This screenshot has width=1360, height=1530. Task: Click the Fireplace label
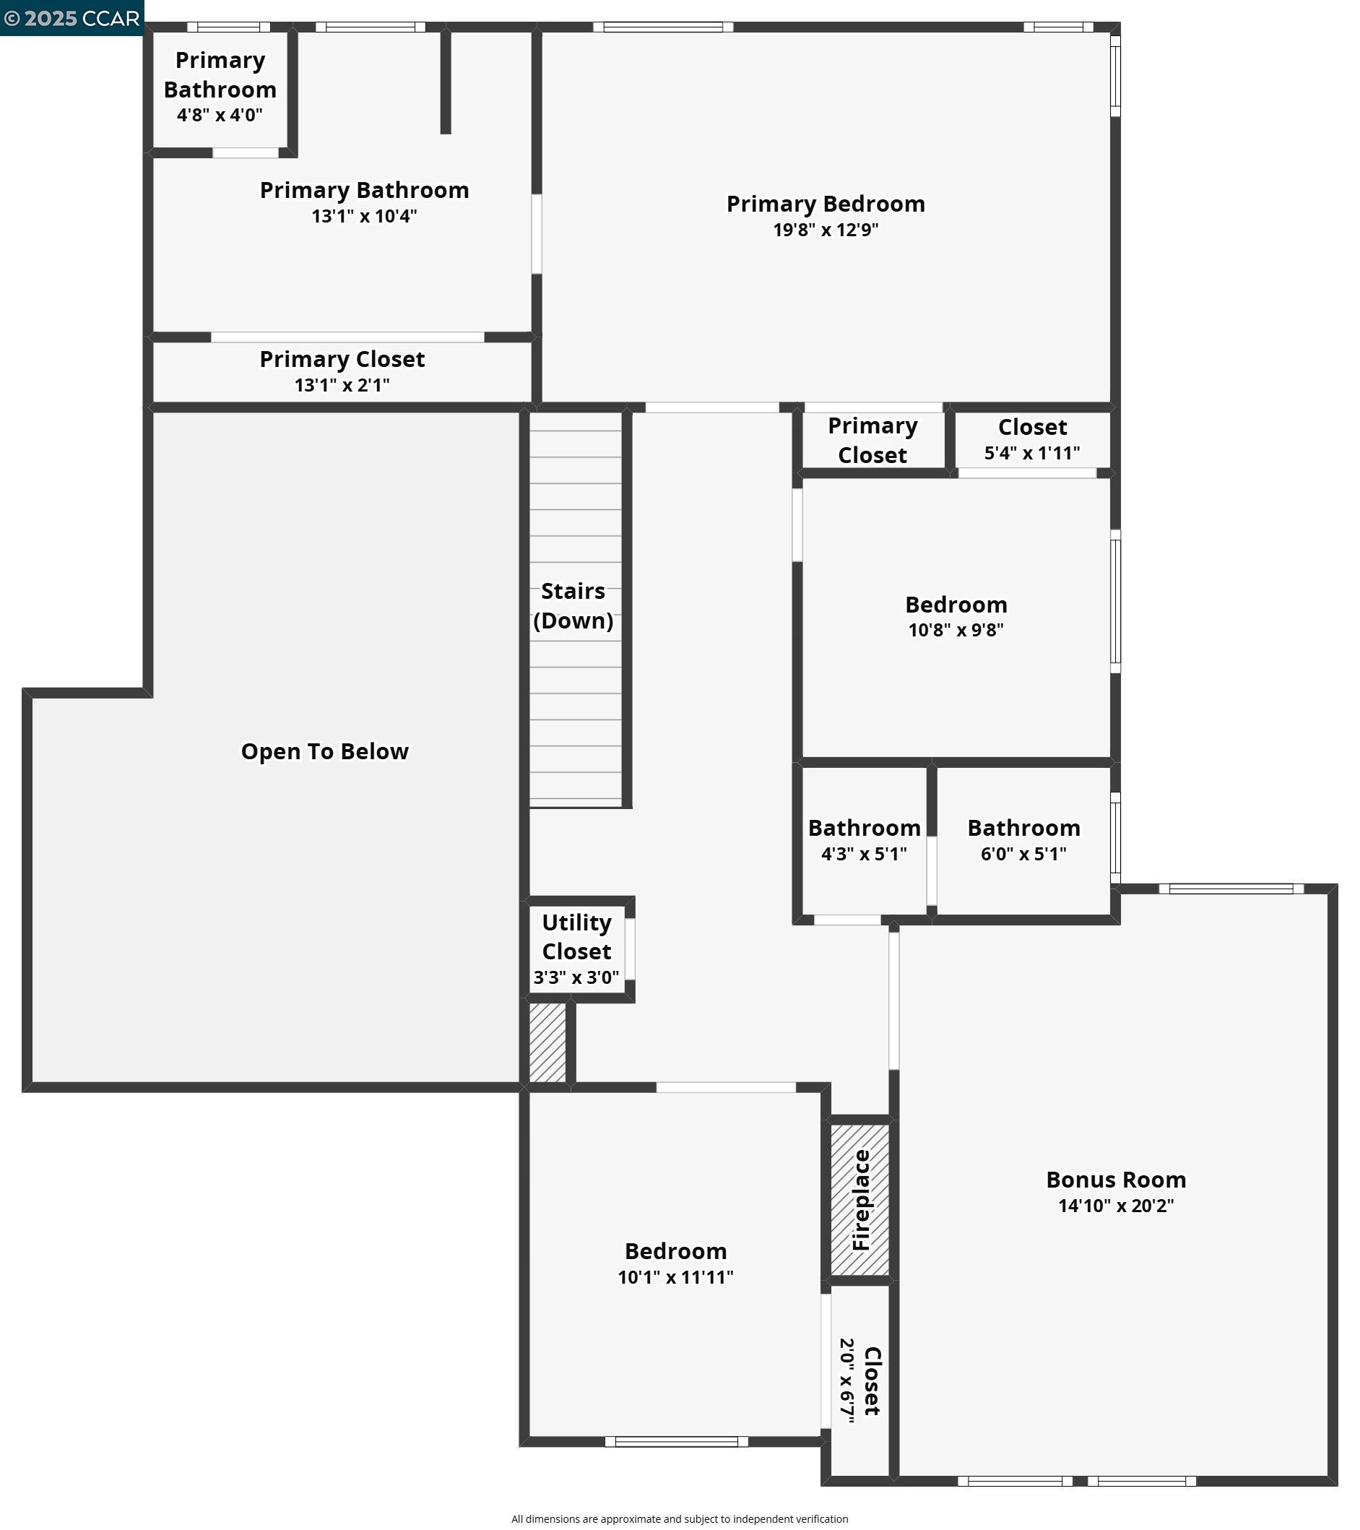862,1201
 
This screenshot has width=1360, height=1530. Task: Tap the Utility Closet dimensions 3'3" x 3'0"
576,977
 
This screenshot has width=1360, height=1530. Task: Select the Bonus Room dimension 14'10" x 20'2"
1116,1206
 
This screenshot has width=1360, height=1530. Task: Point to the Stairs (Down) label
573,605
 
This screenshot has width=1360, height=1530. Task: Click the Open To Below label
325,751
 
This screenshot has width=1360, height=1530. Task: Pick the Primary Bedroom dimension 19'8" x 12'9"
826,230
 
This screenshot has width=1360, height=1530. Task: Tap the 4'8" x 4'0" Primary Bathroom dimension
220,116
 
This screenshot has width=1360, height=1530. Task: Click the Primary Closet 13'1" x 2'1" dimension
342,386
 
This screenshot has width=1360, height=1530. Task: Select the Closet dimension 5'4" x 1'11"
1032,453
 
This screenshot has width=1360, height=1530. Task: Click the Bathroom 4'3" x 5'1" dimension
865,854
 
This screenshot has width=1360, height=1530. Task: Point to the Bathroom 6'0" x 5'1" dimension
1024,854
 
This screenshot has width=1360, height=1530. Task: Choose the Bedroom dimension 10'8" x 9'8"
956,630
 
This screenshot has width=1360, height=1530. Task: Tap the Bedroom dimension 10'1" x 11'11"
676,1278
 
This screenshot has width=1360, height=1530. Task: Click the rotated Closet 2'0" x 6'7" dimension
846,1380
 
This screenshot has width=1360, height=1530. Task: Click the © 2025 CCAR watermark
72,18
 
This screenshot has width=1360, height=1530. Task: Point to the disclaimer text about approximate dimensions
680,1518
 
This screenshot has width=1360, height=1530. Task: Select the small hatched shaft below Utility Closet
548,1042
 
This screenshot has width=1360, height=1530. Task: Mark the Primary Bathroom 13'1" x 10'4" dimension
365,216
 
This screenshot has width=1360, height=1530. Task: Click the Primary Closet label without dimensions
872,440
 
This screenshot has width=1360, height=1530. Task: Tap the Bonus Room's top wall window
1231,889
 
